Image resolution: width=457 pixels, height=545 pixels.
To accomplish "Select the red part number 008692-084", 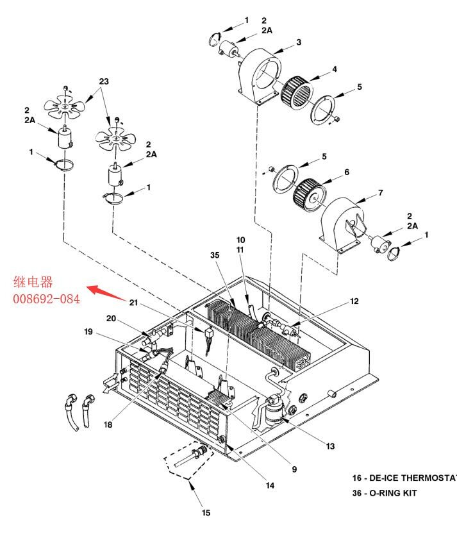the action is point(47,299).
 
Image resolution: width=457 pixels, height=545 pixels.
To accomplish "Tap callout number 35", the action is point(215,255).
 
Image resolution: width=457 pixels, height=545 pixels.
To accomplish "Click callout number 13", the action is point(330,446).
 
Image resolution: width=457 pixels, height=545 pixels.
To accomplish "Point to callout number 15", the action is point(206,513).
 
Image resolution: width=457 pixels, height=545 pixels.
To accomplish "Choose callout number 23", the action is point(104,81).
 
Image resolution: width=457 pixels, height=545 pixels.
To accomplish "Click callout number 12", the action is point(354,301).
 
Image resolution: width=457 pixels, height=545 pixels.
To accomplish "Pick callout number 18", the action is point(108,424).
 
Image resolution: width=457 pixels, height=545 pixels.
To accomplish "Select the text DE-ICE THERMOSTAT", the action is point(413,478).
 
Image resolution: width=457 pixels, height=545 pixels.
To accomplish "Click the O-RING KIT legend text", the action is point(393,493).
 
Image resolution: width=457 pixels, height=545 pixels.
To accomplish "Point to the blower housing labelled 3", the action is point(260,76).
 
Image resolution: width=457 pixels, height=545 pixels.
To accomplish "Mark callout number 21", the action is point(134,303).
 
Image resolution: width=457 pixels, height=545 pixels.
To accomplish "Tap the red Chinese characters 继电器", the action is point(33,282).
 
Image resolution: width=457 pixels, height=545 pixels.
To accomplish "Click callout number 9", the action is point(294,469).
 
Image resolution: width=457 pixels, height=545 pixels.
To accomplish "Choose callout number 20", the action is point(112,319).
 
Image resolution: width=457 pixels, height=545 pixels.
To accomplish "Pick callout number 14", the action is point(270,485).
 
